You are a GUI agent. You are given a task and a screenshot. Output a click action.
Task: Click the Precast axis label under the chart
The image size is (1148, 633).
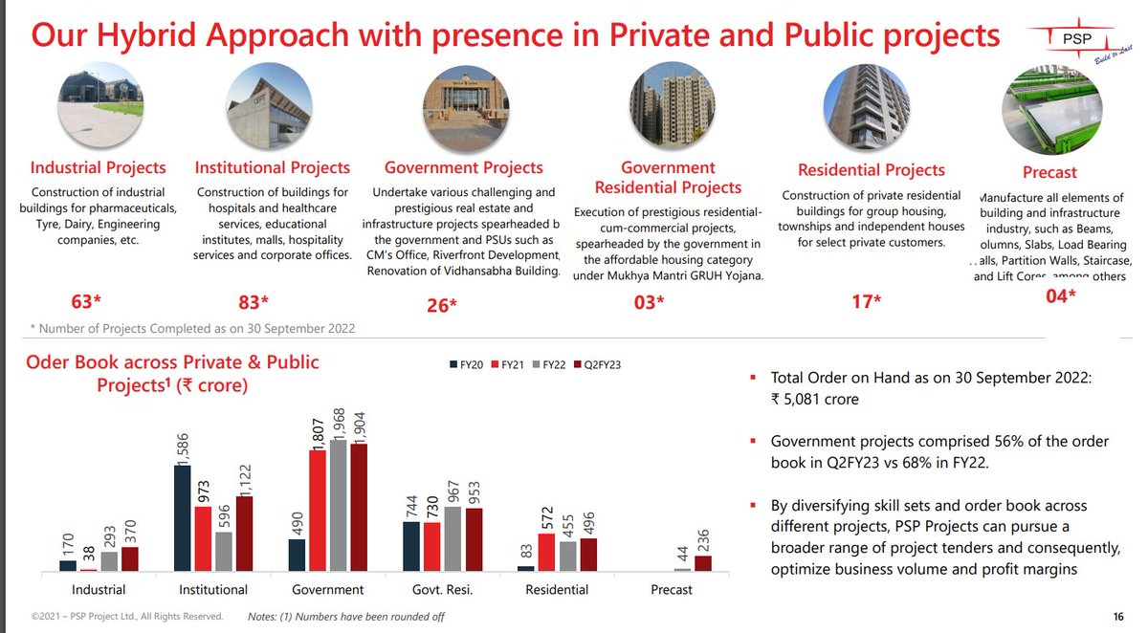click(x=671, y=589)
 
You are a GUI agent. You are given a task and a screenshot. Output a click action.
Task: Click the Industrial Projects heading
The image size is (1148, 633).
click(x=99, y=168)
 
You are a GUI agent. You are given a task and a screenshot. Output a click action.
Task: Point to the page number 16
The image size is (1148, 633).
click(x=1118, y=616)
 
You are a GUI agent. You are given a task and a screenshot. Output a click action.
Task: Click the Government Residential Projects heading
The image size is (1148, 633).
click(x=668, y=178)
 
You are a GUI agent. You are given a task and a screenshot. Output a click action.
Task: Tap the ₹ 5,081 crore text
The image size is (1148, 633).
click(x=815, y=399)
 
